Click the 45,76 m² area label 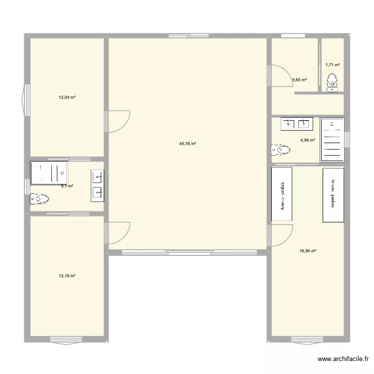pos(187,144)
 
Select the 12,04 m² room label pos(67,97)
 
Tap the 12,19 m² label pos(67,276)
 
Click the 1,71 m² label pos(333,65)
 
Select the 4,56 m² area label pos(307,140)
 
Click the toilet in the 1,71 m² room pos(332,82)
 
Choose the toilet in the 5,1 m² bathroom pos(40,199)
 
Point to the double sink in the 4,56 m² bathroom pos(297,123)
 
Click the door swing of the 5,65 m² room pos(279,75)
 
